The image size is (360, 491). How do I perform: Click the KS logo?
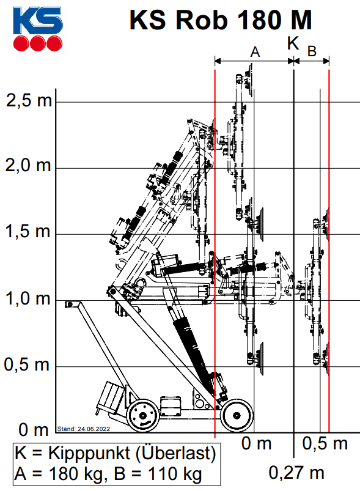tap(37, 29)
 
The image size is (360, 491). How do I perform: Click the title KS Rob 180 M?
tap(221, 20)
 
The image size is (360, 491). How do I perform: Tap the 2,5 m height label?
tap(29, 100)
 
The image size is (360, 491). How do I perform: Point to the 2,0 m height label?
tap(28, 165)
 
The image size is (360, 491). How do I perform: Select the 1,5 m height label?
tap(28, 231)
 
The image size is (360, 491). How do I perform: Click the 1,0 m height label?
tap(28, 298)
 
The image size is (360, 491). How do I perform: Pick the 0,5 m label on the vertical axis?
tap(27, 364)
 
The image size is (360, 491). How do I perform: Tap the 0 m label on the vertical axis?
tap(34, 429)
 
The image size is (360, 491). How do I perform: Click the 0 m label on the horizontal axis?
tap(256, 443)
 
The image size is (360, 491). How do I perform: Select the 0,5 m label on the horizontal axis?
tap(325, 443)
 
